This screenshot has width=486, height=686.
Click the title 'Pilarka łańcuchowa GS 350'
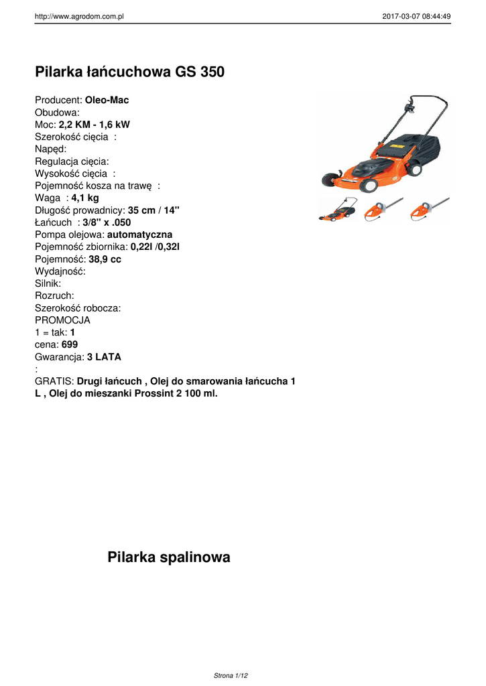tap(129, 72)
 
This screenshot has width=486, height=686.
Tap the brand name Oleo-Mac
tap(107, 100)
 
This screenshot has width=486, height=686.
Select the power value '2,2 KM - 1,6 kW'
tap(95, 125)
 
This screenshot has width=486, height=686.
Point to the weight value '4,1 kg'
tap(85, 198)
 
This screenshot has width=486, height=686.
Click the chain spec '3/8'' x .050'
tap(107, 222)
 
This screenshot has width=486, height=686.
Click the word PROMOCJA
tap(62, 320)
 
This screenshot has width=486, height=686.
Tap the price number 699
tap(69, 344)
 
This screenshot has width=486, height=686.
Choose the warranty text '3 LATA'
tap(104, 357)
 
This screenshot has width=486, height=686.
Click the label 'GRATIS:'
tap(54, 381)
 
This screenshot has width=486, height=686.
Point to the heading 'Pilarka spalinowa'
tap(168, 557)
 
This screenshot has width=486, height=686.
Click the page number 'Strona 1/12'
tap(231, 676)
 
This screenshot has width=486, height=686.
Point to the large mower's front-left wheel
tap(330, 180)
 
